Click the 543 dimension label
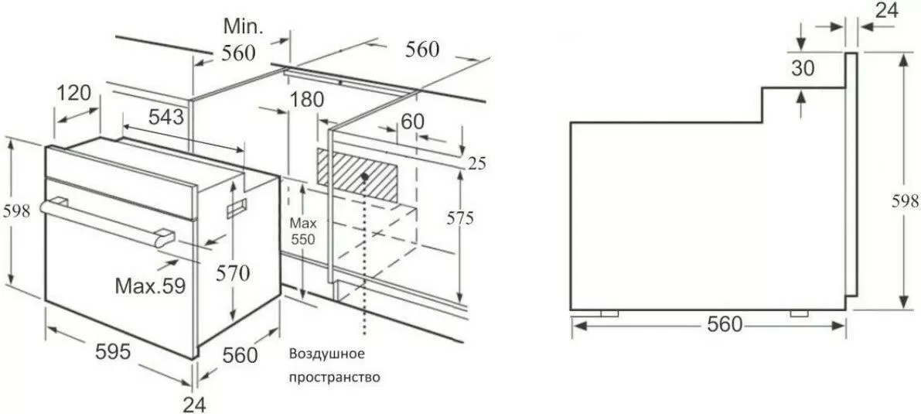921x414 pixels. pyautogui.click(x=166, y=117)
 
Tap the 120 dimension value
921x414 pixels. pyautogui.click(x=74, y=93)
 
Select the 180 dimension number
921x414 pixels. pyautogui.click(x=306, y=99)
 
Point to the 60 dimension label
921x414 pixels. pyautogui.click(x=412, y=121)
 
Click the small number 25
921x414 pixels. pyautogui.click(x=478, y=163)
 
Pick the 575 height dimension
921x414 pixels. pyautogui.click(x=459, y=218)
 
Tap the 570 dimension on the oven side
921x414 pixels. pyautogui.click(x=233, y=273)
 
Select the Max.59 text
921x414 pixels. pyautogui.click(x=150, y=286)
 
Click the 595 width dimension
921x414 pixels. pyautogui.click(x=112, y=351)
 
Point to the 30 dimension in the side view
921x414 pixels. pyautogui.click(x=803, y=68)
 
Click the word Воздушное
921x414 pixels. pyautogui.click(x=326, y=354)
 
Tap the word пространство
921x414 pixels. pyautogui.click(x=334, y=377)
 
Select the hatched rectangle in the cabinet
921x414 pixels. pyautogui.click(x=357, y=175)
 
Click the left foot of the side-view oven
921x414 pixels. pyautogui.click(x=609, y=313)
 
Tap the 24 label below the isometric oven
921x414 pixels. pyautogui.click(x=195, y=405)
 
